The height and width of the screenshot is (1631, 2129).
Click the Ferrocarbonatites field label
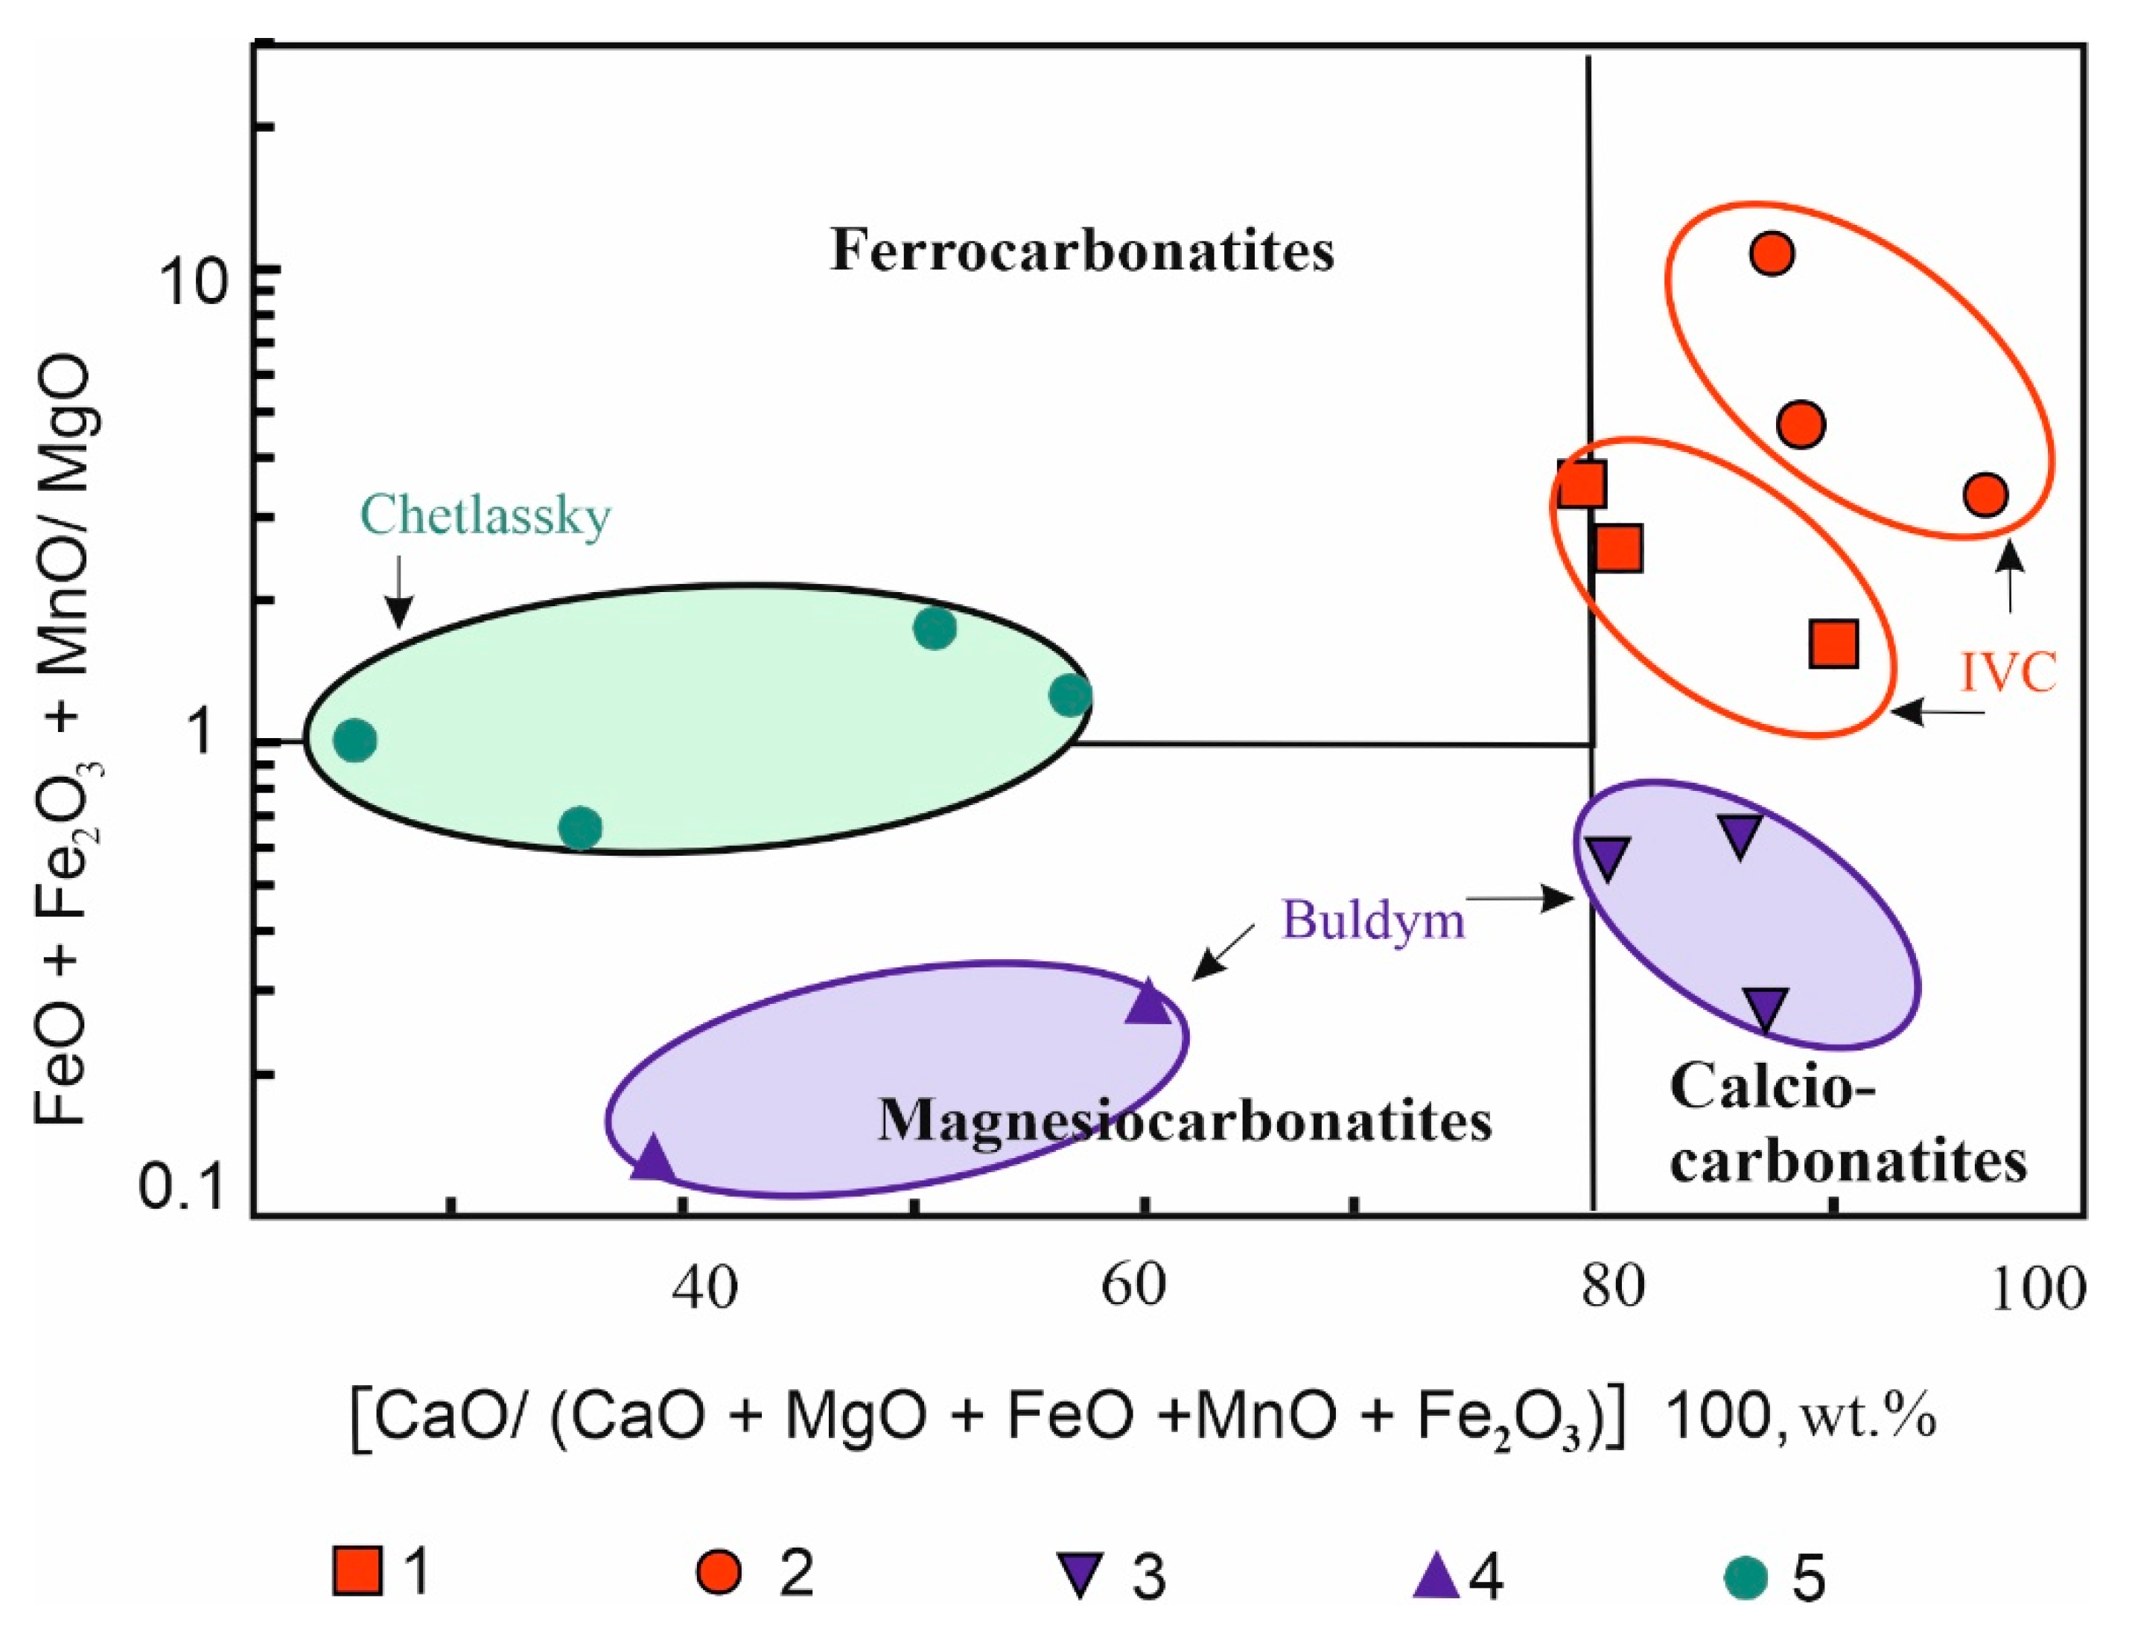[x=1081, y=250]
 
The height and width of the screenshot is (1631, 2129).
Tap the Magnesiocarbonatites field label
[x=1185, y=1122]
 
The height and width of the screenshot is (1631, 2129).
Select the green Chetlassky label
[x=486, y=515]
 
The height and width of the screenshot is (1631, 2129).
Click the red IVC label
[x=2008, y=673]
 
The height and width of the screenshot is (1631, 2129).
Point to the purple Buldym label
[x=1372, y=918]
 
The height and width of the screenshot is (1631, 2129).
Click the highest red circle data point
[x=1772, y=253]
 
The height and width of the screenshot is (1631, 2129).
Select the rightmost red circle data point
[x=1985, y=495]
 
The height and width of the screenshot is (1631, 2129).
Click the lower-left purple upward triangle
[x=652, y=1159]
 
